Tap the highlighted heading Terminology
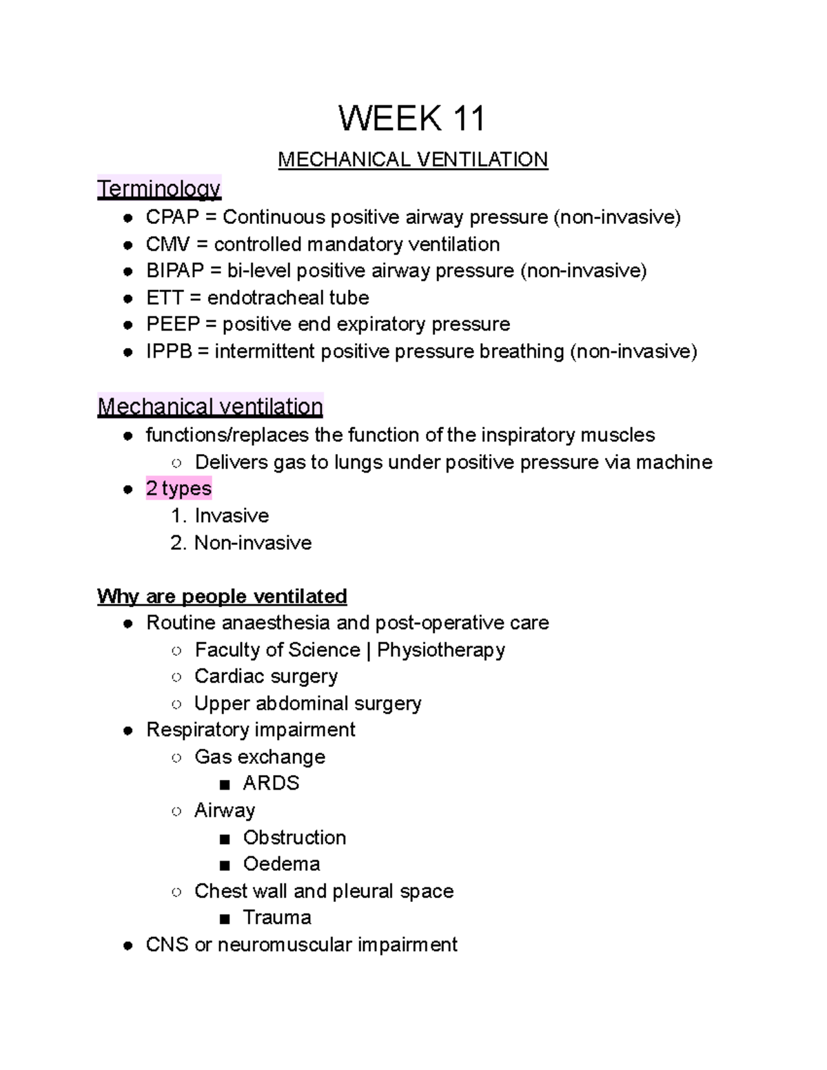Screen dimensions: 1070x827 [x=159, y=188]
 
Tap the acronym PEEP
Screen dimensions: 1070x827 [x=172, y=325]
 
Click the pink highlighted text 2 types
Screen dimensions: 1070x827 [x=178, y=488]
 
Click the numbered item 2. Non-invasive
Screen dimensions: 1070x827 [x=241, y=543]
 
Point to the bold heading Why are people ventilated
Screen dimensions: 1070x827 [x=222, y=596]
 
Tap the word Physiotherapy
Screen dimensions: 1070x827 [x=441, y=650]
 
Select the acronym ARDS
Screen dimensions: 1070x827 [x=271, y=783]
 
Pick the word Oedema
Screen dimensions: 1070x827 [x=281, y=864]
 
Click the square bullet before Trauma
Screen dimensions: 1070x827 [x=224, y=918]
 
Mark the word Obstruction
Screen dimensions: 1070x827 [x=294, y=838]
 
